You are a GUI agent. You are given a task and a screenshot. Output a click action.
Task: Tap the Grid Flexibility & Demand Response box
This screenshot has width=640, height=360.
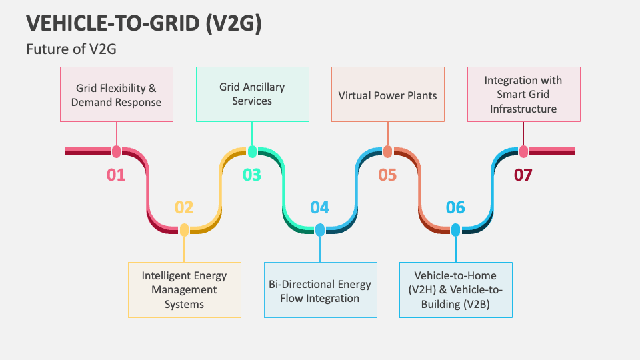117,94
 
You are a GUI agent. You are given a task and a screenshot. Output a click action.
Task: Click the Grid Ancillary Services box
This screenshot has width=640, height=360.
252,94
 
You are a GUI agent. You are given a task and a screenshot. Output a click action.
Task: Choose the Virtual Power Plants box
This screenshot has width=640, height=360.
387,94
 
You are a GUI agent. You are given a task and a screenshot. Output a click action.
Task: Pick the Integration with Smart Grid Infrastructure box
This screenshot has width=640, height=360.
523,94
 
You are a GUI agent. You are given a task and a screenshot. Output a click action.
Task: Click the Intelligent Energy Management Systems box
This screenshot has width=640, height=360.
184,289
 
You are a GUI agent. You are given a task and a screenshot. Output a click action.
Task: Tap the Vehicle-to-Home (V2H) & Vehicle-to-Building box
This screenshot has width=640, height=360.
455,289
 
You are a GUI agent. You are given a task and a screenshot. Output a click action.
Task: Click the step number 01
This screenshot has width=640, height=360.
116,175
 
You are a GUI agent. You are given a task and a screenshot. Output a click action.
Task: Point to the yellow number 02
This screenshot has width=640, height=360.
184,207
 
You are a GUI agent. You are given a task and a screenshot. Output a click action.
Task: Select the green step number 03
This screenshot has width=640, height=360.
252,175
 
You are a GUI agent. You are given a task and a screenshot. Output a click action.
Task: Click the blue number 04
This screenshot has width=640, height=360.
320,207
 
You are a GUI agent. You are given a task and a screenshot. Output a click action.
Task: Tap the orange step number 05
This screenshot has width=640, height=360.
387,175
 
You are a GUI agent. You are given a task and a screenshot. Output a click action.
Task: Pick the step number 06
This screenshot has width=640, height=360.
455,207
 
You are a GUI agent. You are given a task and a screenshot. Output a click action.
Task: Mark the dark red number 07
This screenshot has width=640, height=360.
523,175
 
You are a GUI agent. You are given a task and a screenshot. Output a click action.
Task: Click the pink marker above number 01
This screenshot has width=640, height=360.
117,151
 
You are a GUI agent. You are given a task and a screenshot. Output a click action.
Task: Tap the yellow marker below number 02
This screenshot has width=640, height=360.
184,230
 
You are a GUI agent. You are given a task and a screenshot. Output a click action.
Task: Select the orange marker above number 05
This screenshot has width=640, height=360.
387,151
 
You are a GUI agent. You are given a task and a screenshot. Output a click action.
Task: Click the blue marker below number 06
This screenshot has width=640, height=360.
455,230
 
